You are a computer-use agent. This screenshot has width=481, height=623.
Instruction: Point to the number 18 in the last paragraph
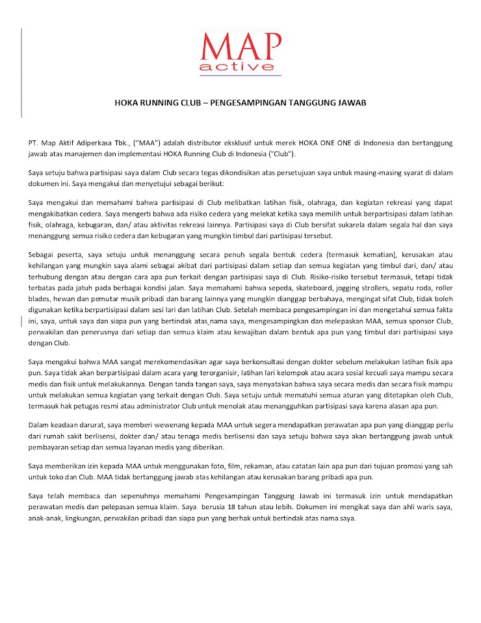[224, 505]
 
